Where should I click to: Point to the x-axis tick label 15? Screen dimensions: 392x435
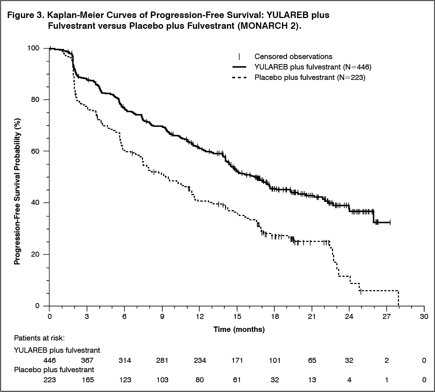click(237, 316)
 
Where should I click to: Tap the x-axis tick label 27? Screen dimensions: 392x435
click(387, 316)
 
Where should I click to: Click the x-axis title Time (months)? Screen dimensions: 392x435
click(239, 329)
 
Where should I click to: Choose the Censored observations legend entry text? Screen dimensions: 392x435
click(293, 57)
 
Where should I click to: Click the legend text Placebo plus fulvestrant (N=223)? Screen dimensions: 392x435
click(310, 77)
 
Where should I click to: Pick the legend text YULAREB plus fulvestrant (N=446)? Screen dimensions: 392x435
click(313, 67)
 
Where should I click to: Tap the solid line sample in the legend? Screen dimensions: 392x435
click(239, 67)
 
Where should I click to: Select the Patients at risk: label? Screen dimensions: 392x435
click(39, 338)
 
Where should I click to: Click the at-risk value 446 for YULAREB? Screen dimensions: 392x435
click(49, 360)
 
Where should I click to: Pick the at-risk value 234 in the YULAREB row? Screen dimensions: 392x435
click(199, 360)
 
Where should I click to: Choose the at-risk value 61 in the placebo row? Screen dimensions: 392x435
click(237, 380)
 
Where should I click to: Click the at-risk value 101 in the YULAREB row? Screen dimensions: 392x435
click(274, 360)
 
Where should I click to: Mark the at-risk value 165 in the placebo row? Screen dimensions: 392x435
click(87, 380)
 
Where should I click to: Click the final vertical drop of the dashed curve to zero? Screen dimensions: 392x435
click(398, 298)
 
